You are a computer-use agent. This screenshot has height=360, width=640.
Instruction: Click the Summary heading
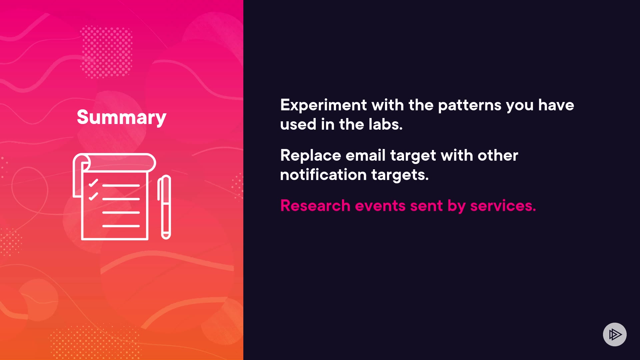(121, 117)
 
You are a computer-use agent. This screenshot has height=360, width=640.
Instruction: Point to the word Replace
(311, 156)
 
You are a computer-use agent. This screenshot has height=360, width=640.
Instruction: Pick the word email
(365, 155)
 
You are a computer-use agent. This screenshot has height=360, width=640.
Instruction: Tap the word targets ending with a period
(400, 175)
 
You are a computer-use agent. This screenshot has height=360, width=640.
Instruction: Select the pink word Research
(315, 206)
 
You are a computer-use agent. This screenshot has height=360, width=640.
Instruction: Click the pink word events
(380, 206)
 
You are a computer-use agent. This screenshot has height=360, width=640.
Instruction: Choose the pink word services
(503, 206)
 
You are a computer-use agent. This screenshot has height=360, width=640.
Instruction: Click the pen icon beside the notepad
(164, 207)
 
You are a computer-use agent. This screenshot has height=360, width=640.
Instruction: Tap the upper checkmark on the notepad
(93, 183)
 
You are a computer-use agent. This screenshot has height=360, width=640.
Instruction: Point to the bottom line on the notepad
(121, 226)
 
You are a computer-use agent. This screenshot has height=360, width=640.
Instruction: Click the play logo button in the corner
(615, 334)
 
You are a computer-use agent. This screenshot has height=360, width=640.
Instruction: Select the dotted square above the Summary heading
(107, 52)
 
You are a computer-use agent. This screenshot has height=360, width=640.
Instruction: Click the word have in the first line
(556, 105)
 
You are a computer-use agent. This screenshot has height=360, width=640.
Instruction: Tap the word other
(498, 155)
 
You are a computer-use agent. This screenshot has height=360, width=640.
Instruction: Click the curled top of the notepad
(114, 163)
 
